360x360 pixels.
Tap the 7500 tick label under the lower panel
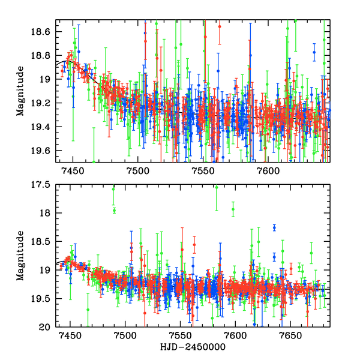125,338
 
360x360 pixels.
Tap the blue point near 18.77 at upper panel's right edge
314,52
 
